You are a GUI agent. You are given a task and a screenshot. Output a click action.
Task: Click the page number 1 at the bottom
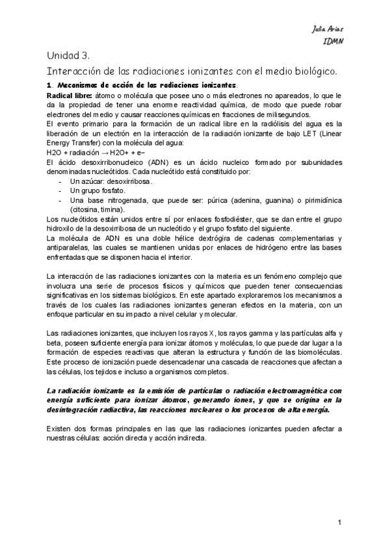[339, 522]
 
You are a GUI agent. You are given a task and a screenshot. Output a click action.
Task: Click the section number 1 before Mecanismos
[49, 85]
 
